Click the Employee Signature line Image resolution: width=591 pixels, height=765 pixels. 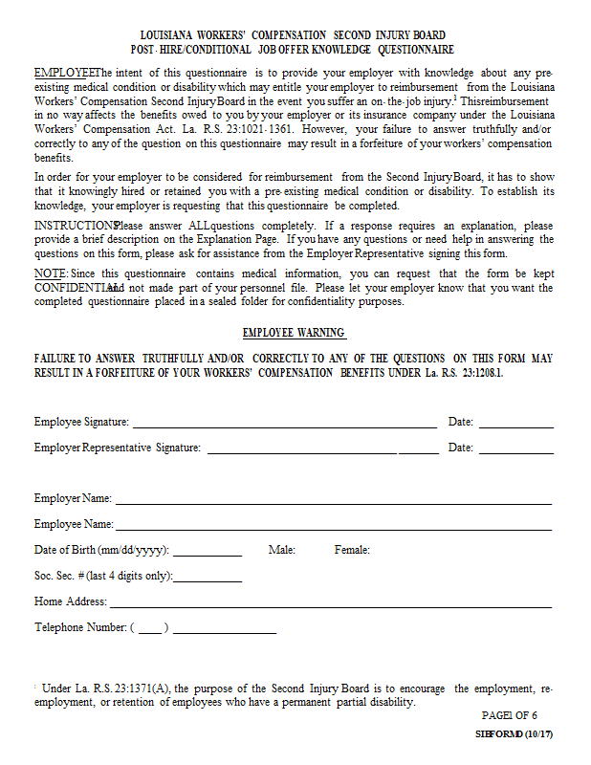[283, 423]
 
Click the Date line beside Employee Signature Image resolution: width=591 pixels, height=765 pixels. [515, 423]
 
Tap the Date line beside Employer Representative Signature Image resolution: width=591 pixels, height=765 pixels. [515, 448]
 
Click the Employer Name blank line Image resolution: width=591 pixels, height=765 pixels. [333, 499]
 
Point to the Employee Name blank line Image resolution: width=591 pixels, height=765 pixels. [333, 525]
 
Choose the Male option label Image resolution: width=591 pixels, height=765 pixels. [282, 550]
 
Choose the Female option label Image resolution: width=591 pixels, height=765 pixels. [352, 550]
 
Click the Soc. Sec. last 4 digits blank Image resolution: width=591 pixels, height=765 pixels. [208, 577]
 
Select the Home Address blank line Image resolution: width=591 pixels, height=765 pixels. [330, 602]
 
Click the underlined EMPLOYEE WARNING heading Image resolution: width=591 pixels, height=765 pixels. [294, 333]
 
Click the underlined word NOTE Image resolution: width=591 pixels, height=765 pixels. [50, 273]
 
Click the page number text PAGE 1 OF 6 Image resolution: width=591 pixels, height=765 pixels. [510, 715]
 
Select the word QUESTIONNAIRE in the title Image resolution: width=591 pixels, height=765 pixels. [416, 49]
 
